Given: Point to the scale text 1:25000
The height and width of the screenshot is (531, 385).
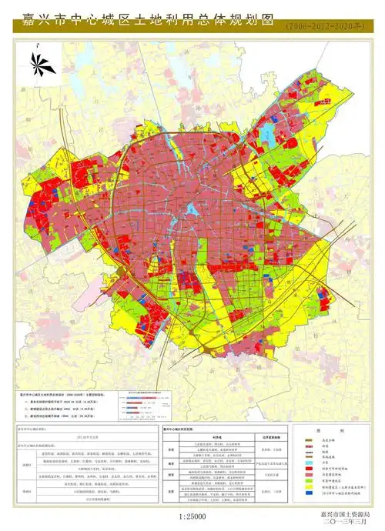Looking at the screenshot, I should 190,516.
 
